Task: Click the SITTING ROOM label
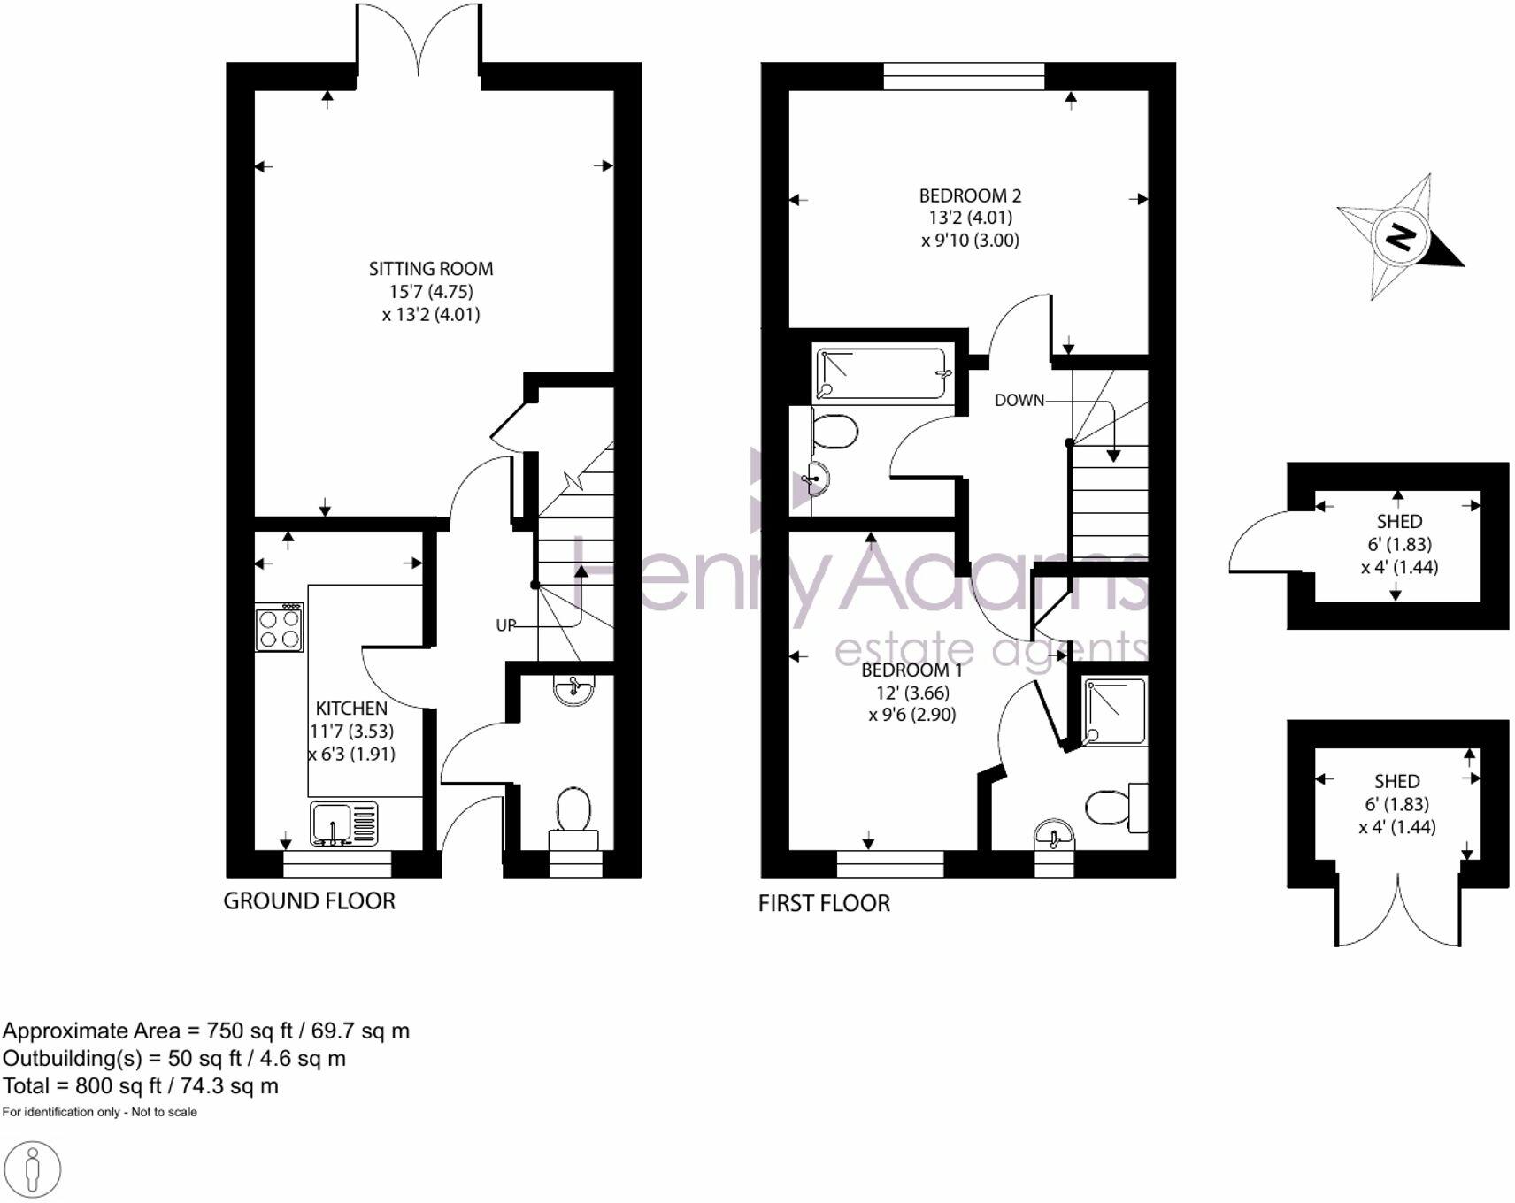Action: tap(431, 269)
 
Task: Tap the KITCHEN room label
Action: tap(351, 709)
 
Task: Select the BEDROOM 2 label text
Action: tap(970, 195)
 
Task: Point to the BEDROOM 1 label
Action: tap(911, 670)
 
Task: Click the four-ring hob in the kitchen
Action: tap(280, 627)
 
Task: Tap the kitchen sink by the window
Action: tap(344, 823)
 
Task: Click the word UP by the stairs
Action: tap(505, 625)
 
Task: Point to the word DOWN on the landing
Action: tap(1019, 400)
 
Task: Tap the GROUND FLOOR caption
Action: tap(309, 901)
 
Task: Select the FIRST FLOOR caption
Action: tap(824, 903)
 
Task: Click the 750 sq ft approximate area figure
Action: tap(239, 1031)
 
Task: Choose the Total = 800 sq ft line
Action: tap(141, 1085)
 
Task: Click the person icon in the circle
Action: tap(33, 1169)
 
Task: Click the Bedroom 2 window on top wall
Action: tap(964, 76)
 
